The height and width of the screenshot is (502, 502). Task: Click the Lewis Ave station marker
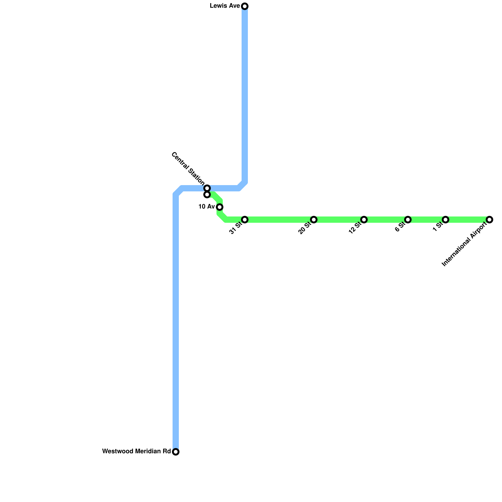coord(245,6)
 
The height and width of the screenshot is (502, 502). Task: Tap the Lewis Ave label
coord(225,6)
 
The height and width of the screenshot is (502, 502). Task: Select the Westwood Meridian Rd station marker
coord(176,452)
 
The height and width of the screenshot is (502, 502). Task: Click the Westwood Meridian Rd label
coord(136,451)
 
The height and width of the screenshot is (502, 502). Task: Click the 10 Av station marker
coord(220,207)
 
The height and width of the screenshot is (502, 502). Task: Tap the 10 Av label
coord(206,207)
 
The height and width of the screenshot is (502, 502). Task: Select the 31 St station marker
coord(245,220)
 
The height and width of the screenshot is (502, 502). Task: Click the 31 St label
coord(236,228)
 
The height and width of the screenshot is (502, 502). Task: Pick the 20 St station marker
coord(314,220)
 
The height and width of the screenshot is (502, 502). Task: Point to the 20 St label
coord(305,228)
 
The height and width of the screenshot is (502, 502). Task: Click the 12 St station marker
coord(364,220)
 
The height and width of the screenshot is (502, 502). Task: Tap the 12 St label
coord(355,228)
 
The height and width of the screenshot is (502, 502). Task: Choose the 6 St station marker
coord(408,220)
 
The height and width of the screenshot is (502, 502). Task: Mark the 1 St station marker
coord(446,220)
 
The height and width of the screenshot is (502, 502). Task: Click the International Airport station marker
coord(489,220)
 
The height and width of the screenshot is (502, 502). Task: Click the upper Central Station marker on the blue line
coord(207,188)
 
